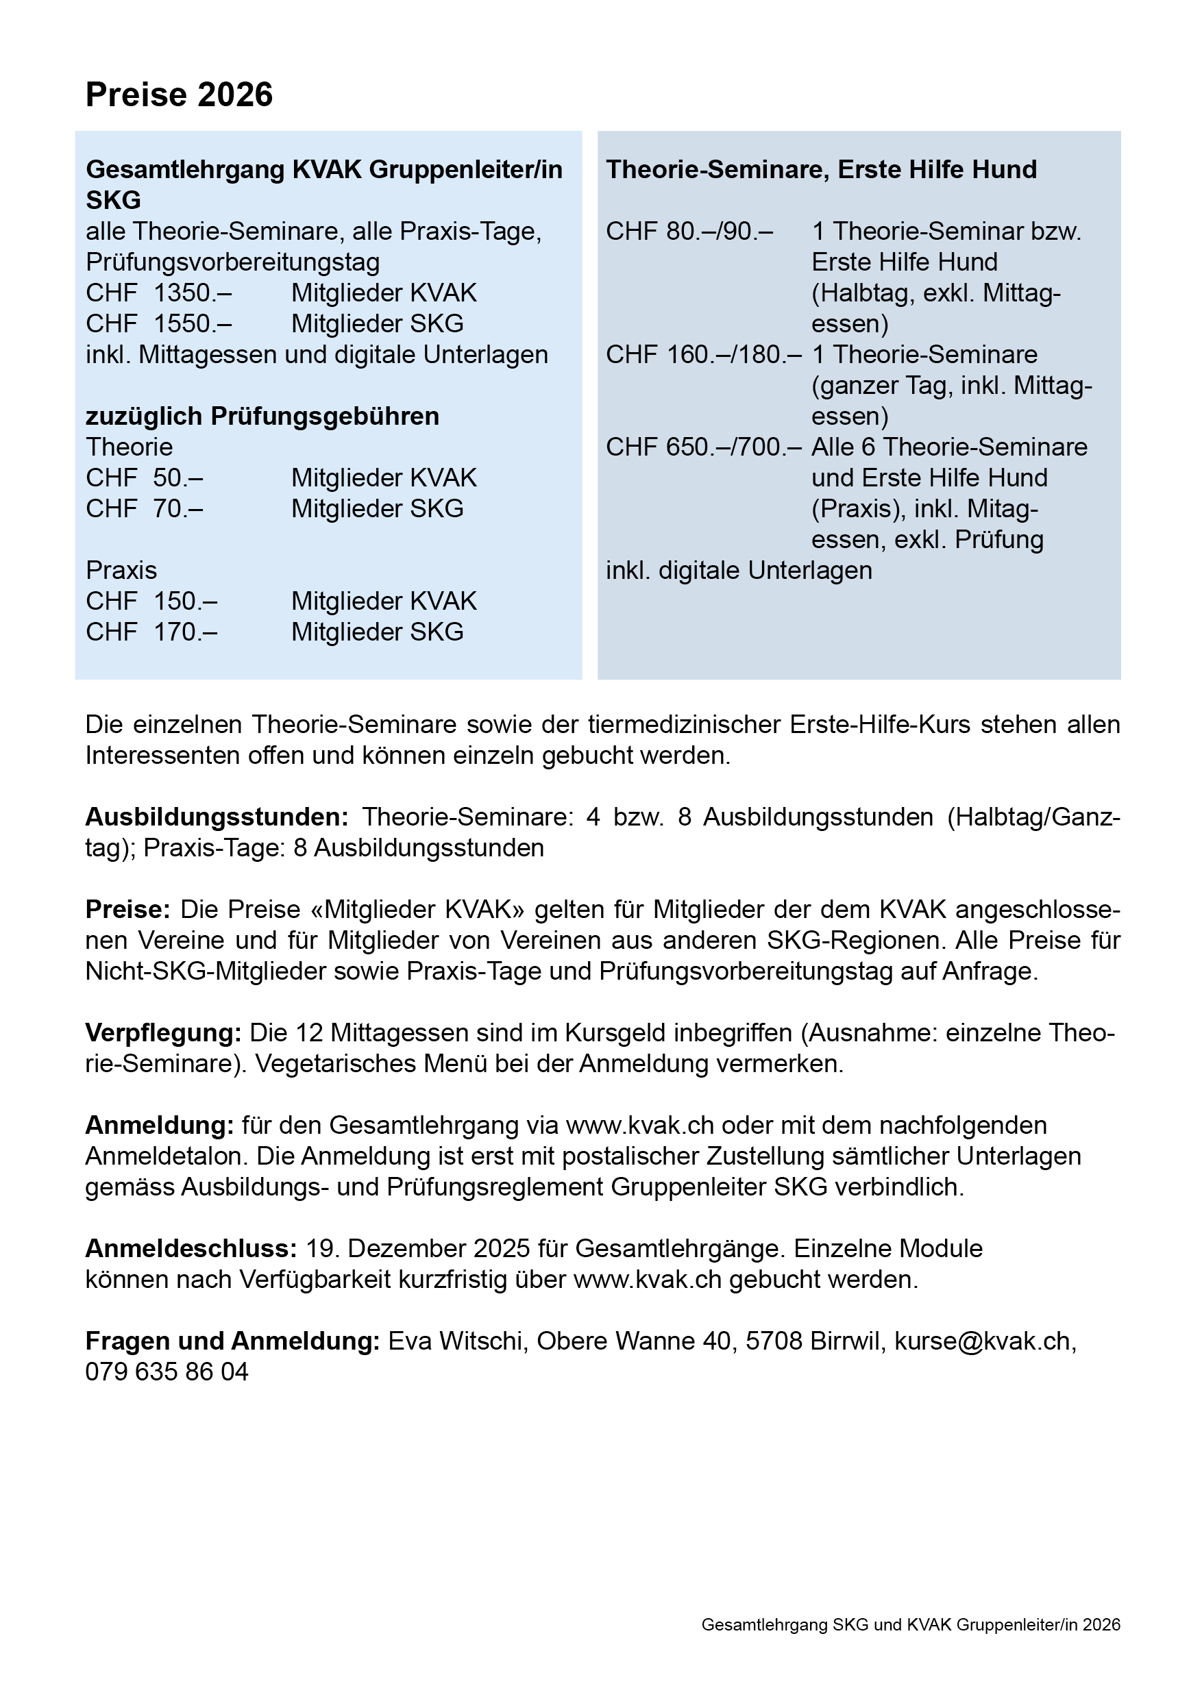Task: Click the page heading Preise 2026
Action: (x=179, y=95)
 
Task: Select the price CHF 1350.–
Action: (x=158, y=293)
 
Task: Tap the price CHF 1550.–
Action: (x=158, y=324)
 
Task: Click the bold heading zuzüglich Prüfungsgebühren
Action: (x=262, y=417)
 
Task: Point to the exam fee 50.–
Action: (x=177, y=478)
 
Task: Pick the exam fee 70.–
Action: (x=177, y=509)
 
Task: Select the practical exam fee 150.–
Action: (x=185, y=602)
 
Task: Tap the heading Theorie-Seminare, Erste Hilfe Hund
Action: (x=821, y=169)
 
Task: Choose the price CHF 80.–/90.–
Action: (x=689, y=232)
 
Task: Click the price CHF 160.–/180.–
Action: (x=703, y=355)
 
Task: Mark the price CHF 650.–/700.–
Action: (x=703, y=447)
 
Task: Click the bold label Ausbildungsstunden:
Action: (x=217, y=817)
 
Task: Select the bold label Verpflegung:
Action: (x=164, y=1033)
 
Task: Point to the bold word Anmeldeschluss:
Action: (x=191, y=1249)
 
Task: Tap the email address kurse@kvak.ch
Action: (x=982, y=1341)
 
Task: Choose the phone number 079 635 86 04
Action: (x=167, y=1373)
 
